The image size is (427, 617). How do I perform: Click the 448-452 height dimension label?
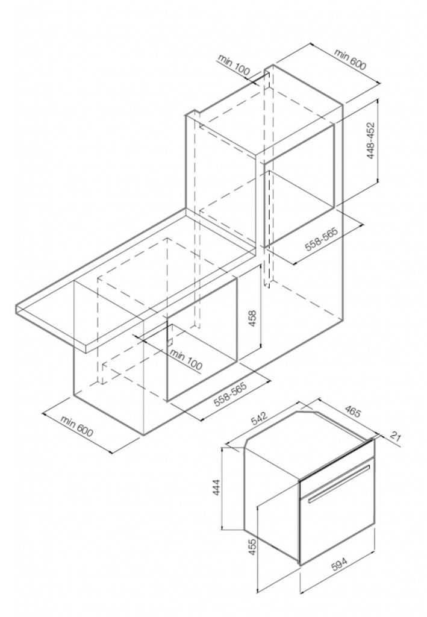[x=370, y=141]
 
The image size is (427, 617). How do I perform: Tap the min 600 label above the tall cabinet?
[x=349, y=58]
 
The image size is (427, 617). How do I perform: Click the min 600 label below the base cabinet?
[x=76, y=426]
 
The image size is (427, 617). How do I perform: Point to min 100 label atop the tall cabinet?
[x=234, y=64]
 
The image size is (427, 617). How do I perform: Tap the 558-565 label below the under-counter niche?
[x=230, y=394]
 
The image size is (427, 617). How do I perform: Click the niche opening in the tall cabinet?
[x=299, y=185]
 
